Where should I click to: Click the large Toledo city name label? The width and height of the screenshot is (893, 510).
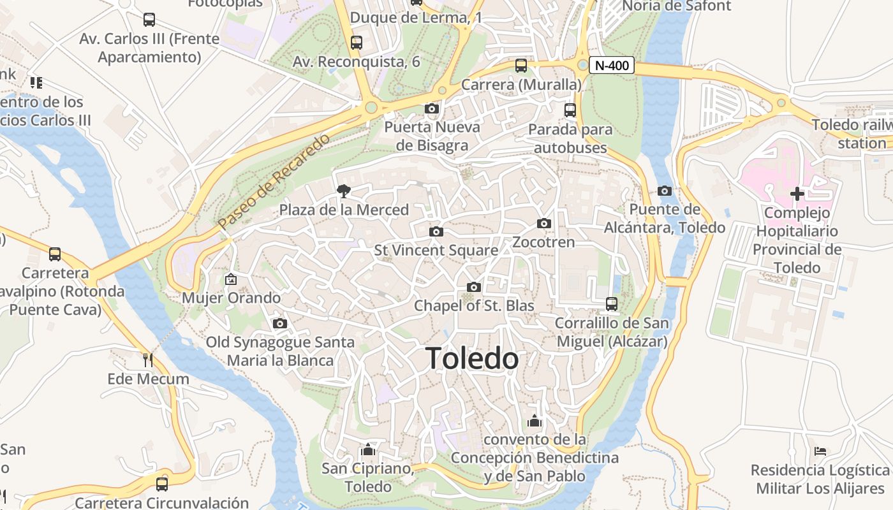(472, 358)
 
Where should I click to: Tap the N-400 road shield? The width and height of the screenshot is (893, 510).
(612, 65)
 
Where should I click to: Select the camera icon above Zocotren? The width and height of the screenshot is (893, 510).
(544, 223)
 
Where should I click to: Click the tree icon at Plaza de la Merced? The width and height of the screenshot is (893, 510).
(344, 191)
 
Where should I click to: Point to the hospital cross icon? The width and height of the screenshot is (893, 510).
(797, 194)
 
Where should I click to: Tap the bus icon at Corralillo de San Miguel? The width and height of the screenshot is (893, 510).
(612, 304)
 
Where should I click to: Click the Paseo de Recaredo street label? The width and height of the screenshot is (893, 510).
(274, 182)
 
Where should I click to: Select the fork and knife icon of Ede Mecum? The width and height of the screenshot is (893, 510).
(148, 360)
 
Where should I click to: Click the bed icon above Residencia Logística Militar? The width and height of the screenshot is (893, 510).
(820, 451)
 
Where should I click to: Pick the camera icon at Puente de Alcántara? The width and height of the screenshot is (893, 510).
(665, 191)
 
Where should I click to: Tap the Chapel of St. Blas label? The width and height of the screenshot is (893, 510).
(474, 306)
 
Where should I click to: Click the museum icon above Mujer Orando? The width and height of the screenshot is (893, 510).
(231, 279)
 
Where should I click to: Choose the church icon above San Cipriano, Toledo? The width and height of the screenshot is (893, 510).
(367, 449)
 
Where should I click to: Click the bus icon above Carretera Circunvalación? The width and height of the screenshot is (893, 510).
(162, 484)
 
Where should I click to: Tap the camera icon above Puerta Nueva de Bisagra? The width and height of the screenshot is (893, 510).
(432, 108)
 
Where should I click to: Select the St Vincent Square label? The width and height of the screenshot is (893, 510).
(436, 251)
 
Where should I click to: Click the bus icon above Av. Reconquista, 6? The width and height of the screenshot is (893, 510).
(357, 43)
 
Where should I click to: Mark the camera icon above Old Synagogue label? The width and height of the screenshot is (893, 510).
(280, 324)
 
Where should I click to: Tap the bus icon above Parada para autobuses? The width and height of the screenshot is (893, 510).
(570, 110)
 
